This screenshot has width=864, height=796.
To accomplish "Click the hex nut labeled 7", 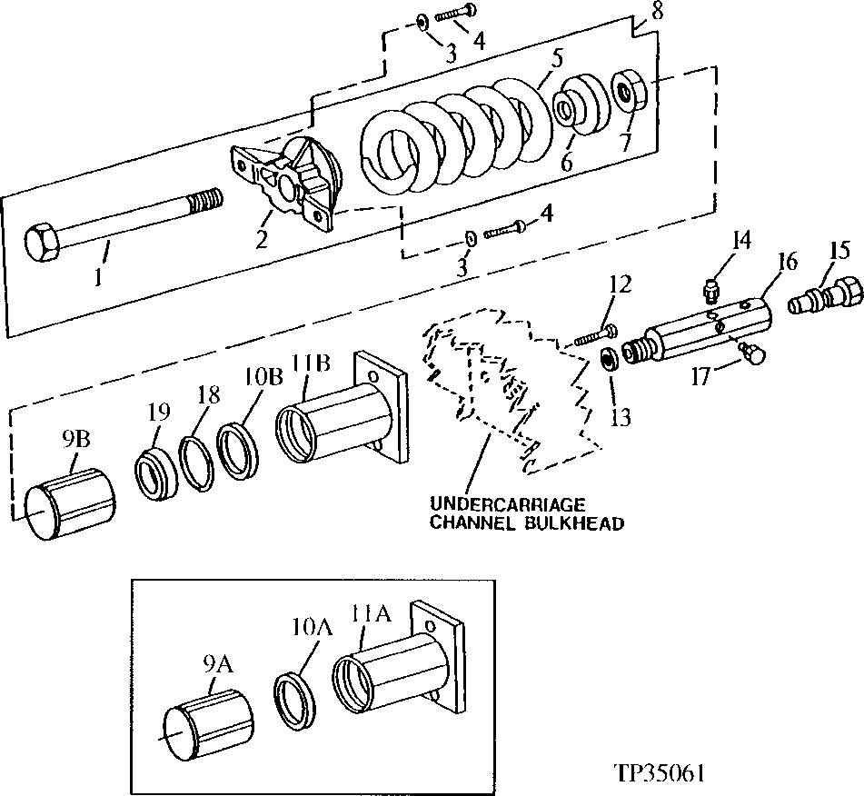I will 629,91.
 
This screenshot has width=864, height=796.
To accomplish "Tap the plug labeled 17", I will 752,352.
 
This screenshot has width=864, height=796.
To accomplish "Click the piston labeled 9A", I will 207,718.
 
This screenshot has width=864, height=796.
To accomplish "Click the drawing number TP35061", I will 660,772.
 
